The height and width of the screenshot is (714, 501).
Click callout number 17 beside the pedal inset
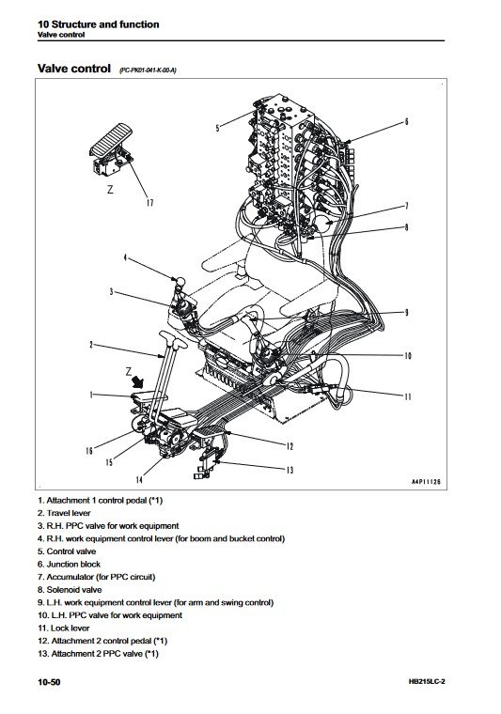[x=148, y=203]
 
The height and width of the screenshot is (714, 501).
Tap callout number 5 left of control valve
[x=217, y=127]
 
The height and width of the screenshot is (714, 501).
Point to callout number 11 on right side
[x=408, y=398]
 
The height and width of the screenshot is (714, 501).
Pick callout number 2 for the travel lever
[x=91, y=346]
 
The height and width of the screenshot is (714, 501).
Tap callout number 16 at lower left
[x=88, y=451]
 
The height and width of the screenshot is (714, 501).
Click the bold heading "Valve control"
[x=73, y=69]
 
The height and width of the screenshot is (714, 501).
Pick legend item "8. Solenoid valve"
[x=73, y=588]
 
